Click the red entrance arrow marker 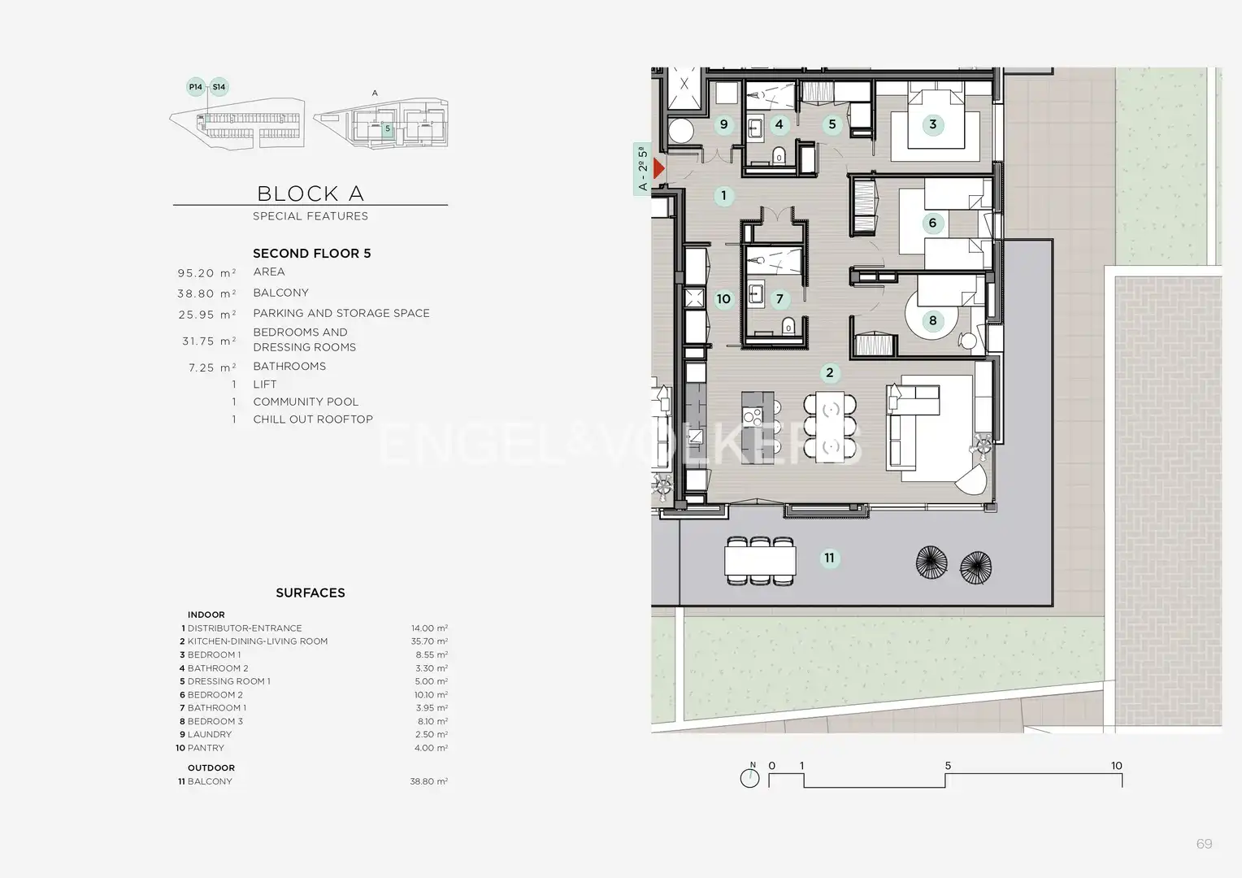[658, 168]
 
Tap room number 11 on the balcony [829, 558]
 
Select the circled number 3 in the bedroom [932, 124]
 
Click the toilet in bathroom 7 [788, 326]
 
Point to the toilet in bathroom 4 [779, 155]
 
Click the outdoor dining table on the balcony [760, 561]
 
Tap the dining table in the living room [829, 427]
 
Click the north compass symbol [749, 776]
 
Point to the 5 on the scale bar [948, 766]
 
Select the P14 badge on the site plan [196, 86]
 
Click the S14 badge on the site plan [219, 86]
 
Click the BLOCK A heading [310, 193]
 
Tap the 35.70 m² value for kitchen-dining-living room [429, 641]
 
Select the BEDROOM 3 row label [215, 721]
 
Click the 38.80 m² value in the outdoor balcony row [428, 781]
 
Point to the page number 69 [1205, 844]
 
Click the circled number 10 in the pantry [723, 299]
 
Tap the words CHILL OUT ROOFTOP [313, 419]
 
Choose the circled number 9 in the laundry [723, 124]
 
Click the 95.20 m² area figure [206, 273]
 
